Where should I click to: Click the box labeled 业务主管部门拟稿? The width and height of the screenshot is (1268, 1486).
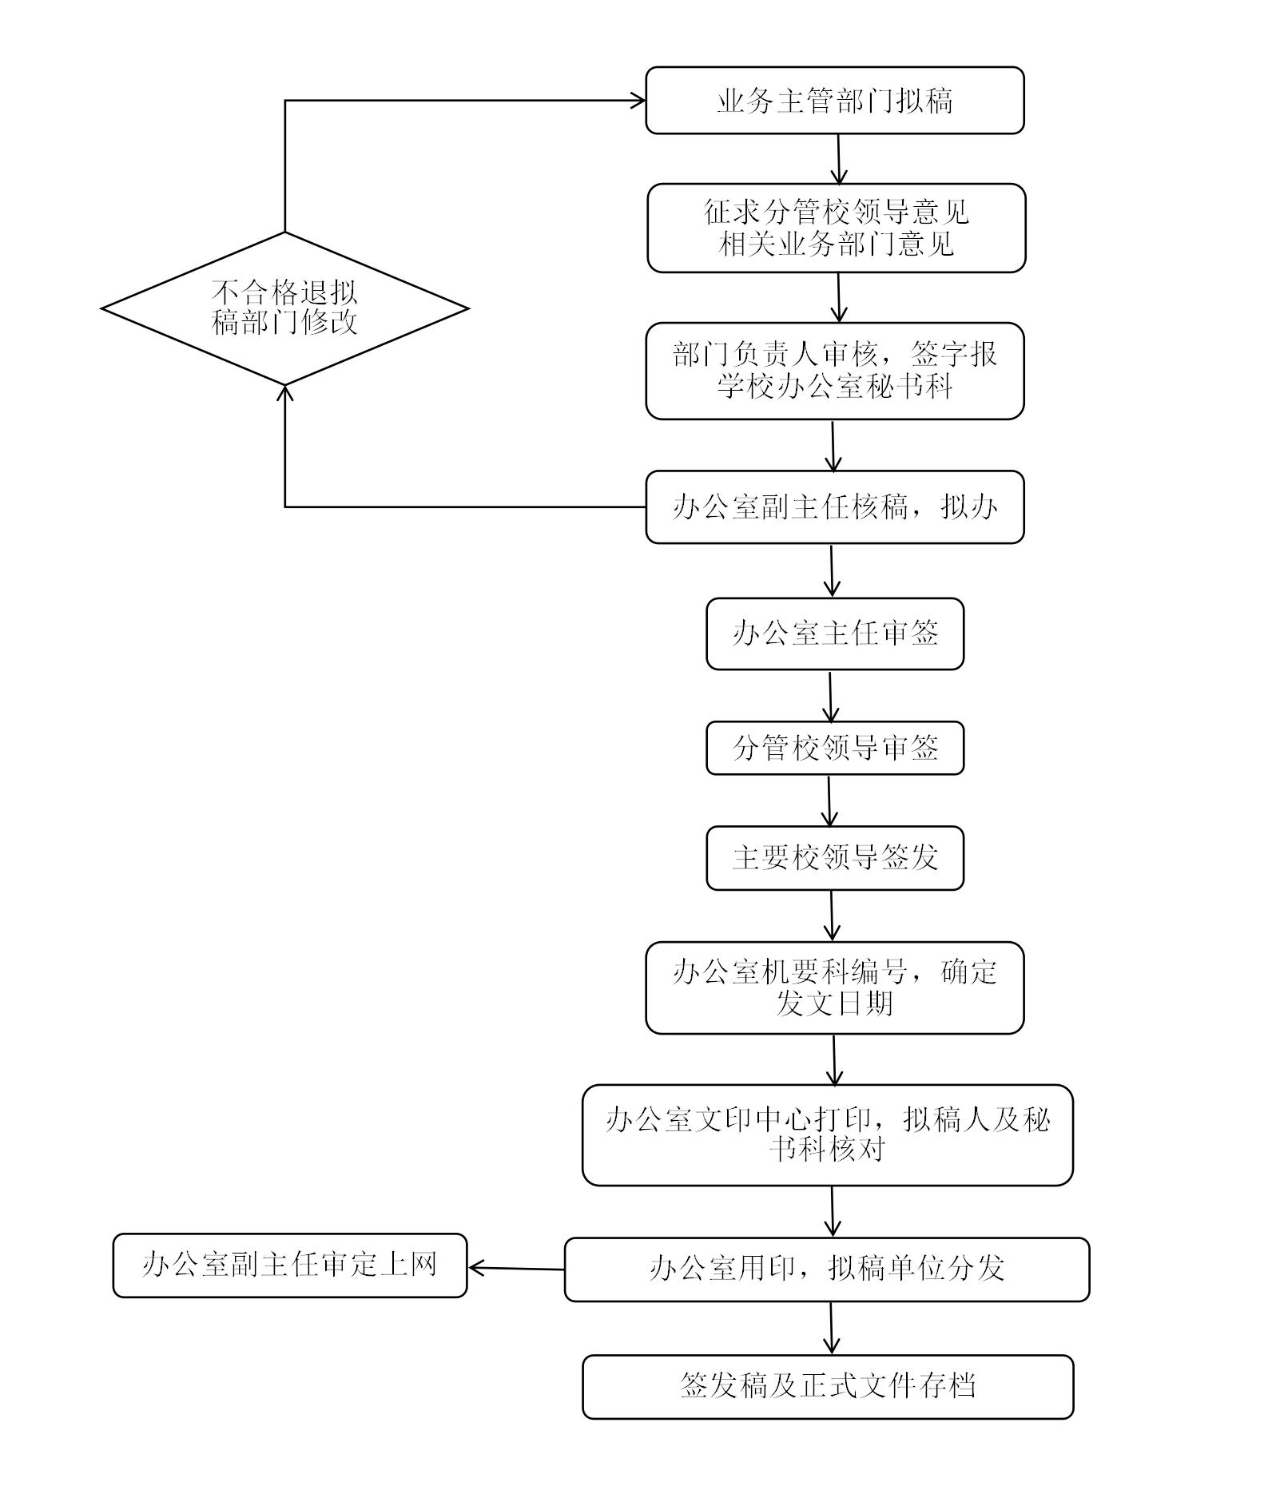pyautogui.click(x=834, y=101)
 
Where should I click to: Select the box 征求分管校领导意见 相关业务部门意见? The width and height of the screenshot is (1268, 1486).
pyautogui.click(x=836, y=228)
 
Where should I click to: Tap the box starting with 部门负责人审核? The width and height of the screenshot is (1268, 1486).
pyautogui.click(x=834, y=371)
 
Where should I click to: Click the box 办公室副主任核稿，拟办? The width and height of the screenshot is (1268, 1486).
pyautogui.click(x=834, y=507)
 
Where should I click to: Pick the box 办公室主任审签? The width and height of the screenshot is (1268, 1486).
pyautogui.click(x=834, y=634)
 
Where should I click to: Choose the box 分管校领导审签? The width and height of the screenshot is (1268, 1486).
pyautogui.click(x=834, y=748)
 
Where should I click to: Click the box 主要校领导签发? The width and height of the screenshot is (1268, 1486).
pyautogui.click(x=834, y=858)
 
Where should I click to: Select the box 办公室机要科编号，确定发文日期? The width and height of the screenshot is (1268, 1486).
pyautogui.click(x=834, y=987)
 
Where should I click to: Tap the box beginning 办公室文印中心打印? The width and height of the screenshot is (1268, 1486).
pyautogui.click(x=827, y=1134)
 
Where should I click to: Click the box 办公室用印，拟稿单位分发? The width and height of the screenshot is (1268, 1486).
pyautogui.click(x=826, y=1269)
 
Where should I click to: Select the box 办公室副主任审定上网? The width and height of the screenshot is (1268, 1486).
pyautogui.click(x=289, y=1265)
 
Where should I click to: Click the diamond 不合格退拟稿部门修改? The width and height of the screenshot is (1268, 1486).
pyautogui.click(x=284, y=308)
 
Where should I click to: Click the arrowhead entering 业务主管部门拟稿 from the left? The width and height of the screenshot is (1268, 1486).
pyautogui.click(x=638, y=101)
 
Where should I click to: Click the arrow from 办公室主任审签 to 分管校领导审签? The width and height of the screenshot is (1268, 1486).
pyautogui.click(x=830, y=696)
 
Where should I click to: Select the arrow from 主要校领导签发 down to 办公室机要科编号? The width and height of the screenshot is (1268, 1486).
pyautogui.click(x=832, y=916)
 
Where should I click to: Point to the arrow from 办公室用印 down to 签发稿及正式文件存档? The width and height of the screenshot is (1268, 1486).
pyautogui.click(x=831, y=1328)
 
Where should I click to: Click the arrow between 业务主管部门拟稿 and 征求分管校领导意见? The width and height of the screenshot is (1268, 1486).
pyautogui.click(x=839, y=159)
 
